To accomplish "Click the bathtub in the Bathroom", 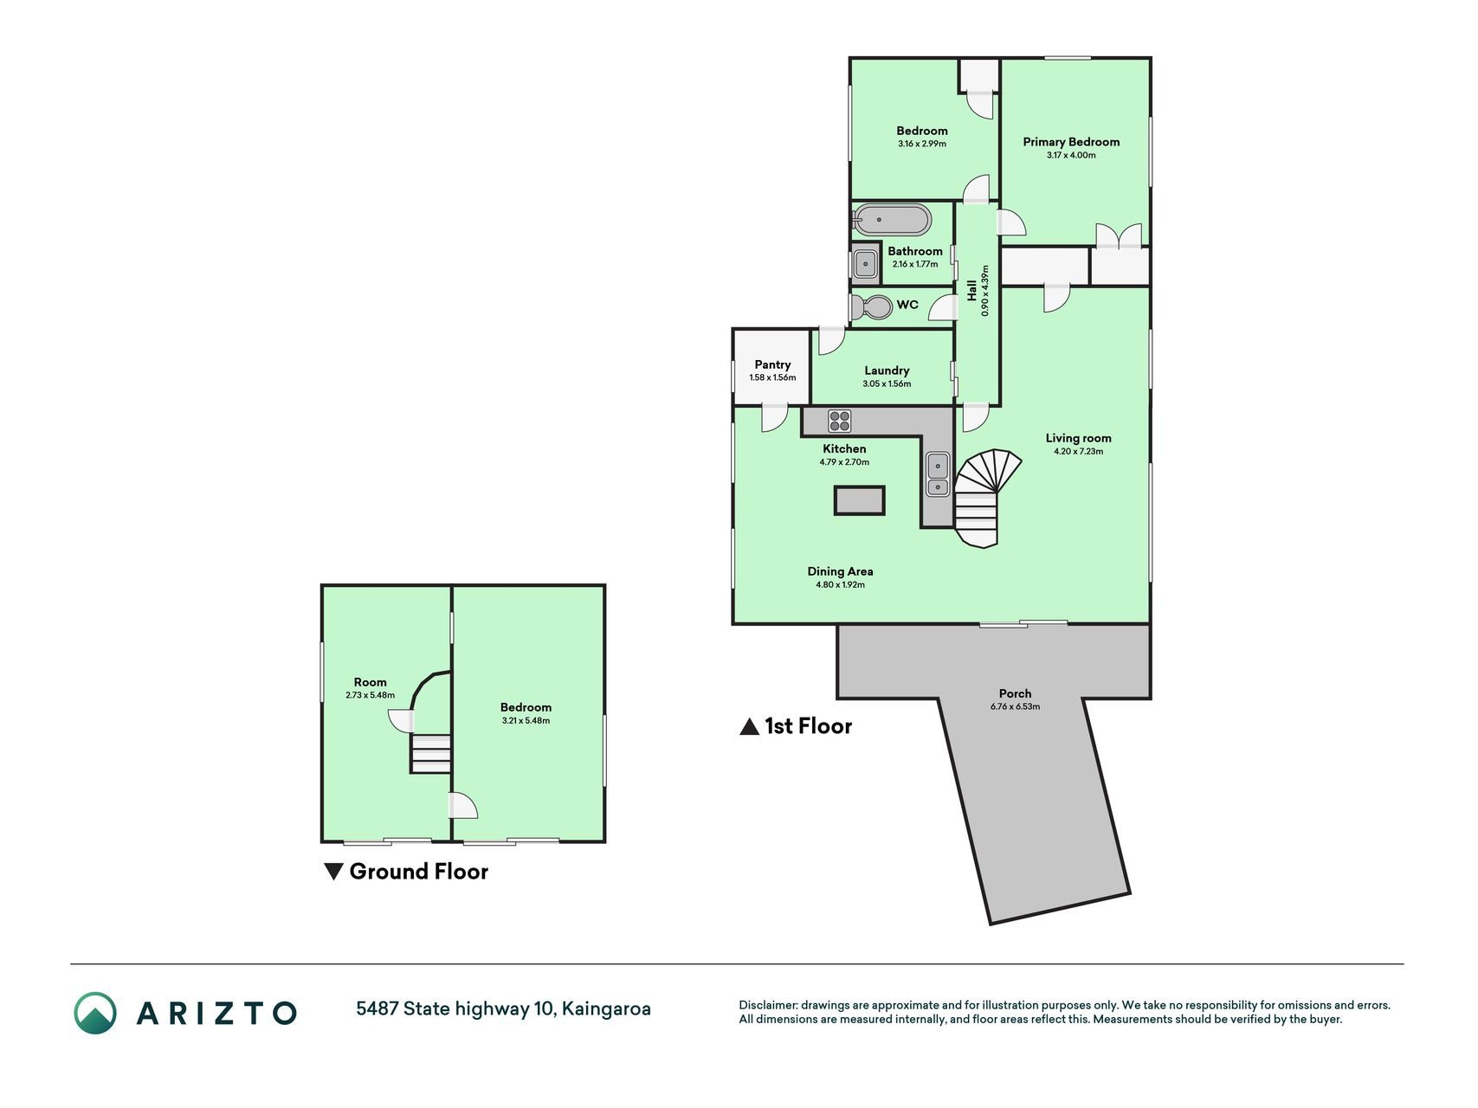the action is click(x=893, y=220).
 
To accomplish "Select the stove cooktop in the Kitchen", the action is click(x=840, y=421).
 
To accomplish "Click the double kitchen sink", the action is click(x=938, y=474).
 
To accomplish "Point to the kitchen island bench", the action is click(x=860, y=500).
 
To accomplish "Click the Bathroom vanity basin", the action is click(x=865, y=263).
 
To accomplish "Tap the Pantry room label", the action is click(x=772, y=364).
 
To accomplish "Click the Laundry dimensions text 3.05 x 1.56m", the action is click(x=887, y=383).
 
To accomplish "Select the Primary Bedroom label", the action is click(x=1071, y=142).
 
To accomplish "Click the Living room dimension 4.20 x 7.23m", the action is click(x=1078, y=451).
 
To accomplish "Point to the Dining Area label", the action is click(x=840, y=571).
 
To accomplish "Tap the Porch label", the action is click(x=1015, y=693).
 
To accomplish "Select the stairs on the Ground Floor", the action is click(x=430, y=753).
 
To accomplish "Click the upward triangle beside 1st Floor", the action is click(x=749, y=727).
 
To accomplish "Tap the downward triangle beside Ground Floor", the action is click(x=333, y=872).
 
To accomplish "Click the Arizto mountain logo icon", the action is click(x=94, y=1013).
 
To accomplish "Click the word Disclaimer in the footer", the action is click(x=767, y=1005).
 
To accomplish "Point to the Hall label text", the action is click(x=971, y=290).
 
